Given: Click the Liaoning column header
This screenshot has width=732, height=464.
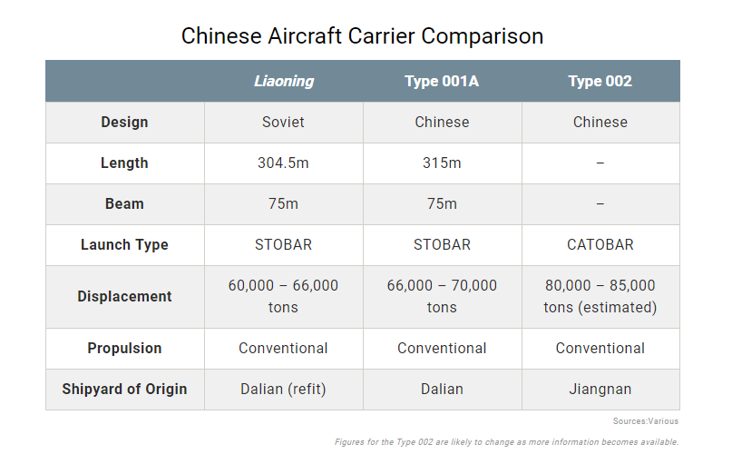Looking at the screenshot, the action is pos(284,82).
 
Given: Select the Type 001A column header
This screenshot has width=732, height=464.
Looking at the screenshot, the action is pos(442,82).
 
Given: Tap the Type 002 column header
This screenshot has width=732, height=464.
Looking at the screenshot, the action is pos(600,82).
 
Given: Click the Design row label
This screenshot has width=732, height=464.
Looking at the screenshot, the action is pos(124,122).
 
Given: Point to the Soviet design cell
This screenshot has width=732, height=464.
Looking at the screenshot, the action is pos(283,122).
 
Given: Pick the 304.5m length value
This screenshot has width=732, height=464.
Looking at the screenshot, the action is pos(283,163).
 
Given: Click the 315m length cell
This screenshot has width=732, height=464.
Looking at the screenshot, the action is pos(442,163).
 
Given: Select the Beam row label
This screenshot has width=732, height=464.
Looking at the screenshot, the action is pos(124,203).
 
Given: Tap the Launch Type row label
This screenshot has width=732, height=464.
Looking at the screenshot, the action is pos(124,244).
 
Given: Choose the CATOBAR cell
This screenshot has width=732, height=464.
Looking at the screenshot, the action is pos(600,244).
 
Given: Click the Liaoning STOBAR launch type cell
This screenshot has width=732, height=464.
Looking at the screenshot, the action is pos(283,244).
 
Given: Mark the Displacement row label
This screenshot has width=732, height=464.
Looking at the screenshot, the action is pos(124,296).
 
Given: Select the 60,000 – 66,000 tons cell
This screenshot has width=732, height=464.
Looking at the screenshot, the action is pos(283,296).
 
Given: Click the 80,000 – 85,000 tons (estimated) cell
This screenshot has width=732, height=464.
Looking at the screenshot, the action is pos(600,296).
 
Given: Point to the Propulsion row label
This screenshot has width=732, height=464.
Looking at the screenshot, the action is pos(124,348).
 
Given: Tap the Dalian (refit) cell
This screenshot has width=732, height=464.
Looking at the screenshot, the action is pos(283,389).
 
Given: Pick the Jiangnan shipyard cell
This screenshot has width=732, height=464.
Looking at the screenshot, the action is pos(600,389).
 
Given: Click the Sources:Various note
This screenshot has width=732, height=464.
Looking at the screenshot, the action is pos(646,421).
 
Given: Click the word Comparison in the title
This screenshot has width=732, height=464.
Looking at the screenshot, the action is pos(483,36).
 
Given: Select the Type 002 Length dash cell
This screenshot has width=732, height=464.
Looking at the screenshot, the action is pos(600,163).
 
